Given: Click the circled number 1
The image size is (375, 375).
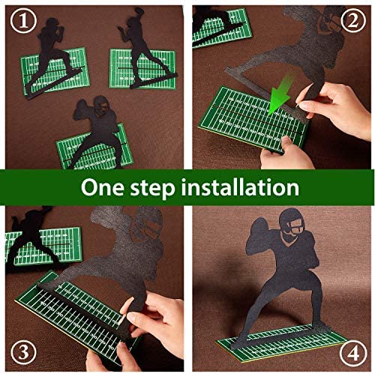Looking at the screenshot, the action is tap(23, 21).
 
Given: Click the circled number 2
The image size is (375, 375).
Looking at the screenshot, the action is tap(353, 21).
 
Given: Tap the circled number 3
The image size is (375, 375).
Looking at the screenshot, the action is tap(23, 352).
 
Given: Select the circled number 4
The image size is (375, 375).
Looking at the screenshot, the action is tap(353, 353).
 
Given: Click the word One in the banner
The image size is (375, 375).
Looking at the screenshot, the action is tap(102, 188).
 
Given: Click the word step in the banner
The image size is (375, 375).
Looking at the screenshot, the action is tap(152, 189).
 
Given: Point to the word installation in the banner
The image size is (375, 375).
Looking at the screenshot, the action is tap(240, 187).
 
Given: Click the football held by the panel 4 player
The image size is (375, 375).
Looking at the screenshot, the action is tap(256, 228).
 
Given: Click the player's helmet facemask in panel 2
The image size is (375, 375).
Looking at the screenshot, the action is tap(331, 23).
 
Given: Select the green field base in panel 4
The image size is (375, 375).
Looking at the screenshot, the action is tap(282, 342).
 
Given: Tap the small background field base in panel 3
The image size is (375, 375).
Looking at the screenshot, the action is tap(43, 246).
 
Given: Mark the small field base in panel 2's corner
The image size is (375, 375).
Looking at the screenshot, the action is tap(221, 28).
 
